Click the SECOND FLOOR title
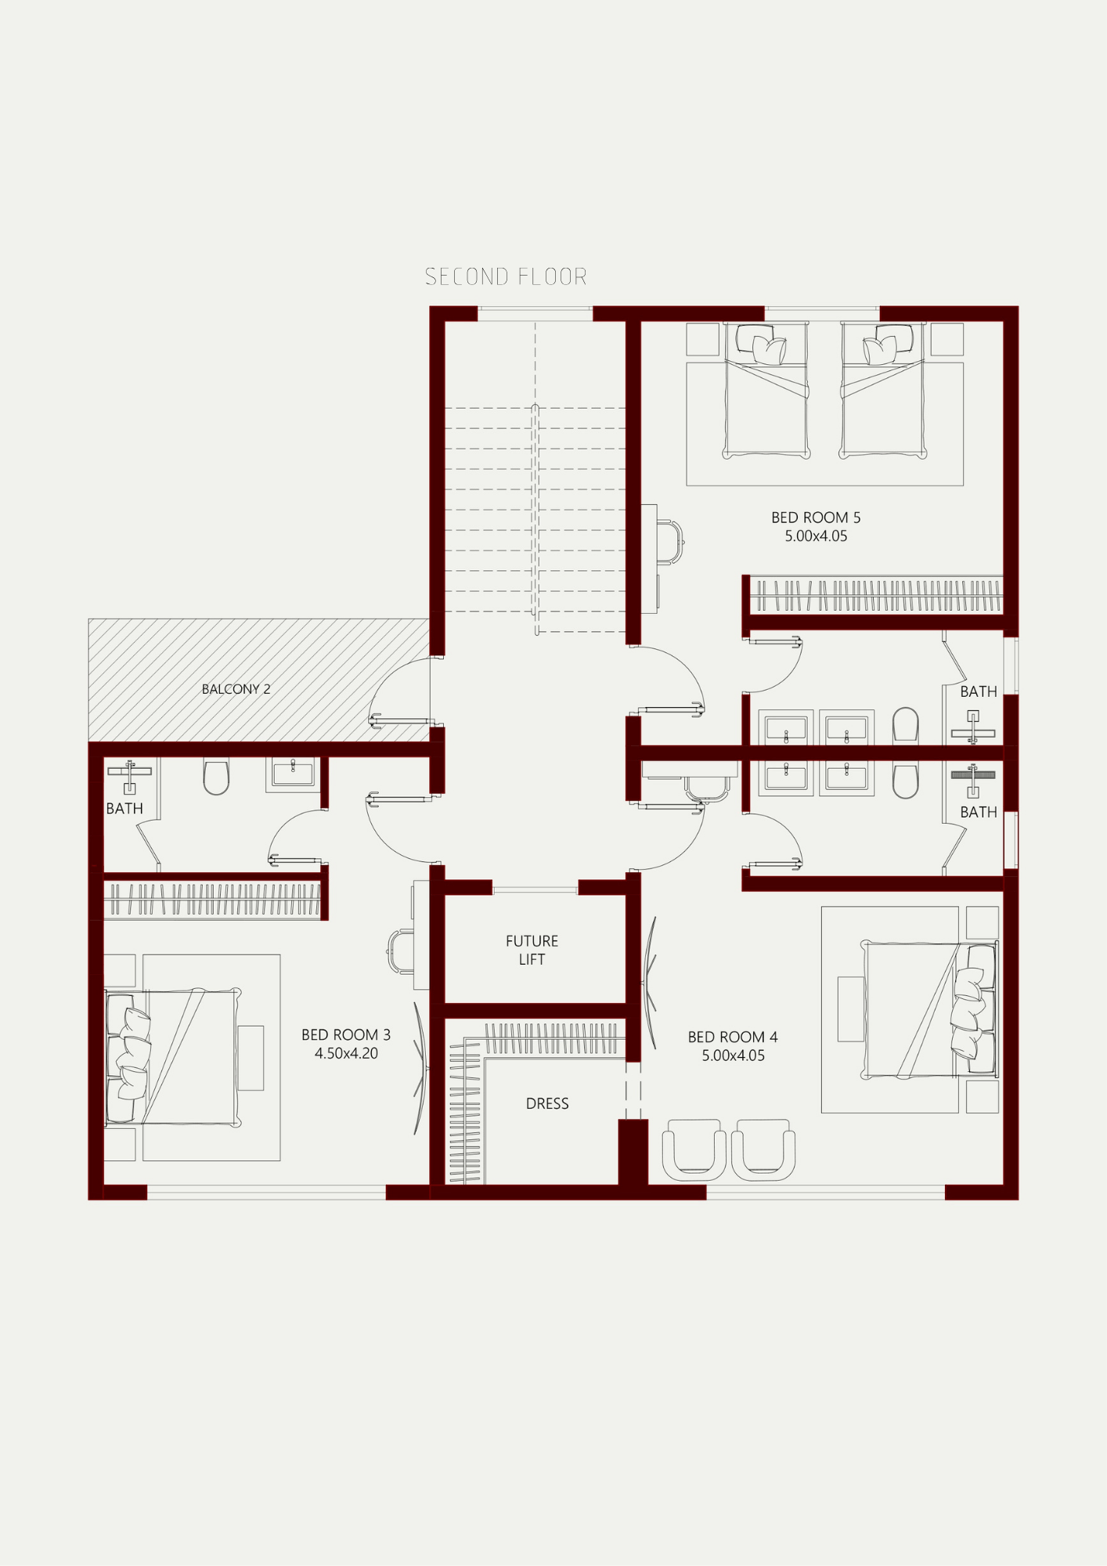[506, 276]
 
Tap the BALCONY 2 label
[236, 689]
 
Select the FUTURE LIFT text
[532, 950]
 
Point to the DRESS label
[547, 1103]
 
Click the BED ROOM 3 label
[346, 1034]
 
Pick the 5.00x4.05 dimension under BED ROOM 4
[733, 1055]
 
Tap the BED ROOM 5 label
[816, 518]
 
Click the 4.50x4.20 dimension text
[346, 1053]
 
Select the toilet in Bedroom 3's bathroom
[216, 775]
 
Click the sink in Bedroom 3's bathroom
[293, 774]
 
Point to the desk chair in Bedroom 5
[670, 541]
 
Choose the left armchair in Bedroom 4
[694, 1149]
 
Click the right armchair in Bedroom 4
[763, 1149]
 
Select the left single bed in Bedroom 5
[767, 389]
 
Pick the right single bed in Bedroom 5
[883, 389]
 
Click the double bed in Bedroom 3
[173, 1057]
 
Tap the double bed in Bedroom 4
[929, 1010]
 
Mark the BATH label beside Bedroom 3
[124, 808]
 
